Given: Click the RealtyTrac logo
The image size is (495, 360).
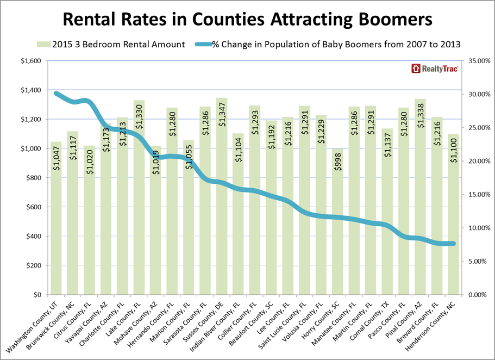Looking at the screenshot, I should [x=434, y=69].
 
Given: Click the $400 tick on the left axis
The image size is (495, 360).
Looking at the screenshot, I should [x=33, y=237].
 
